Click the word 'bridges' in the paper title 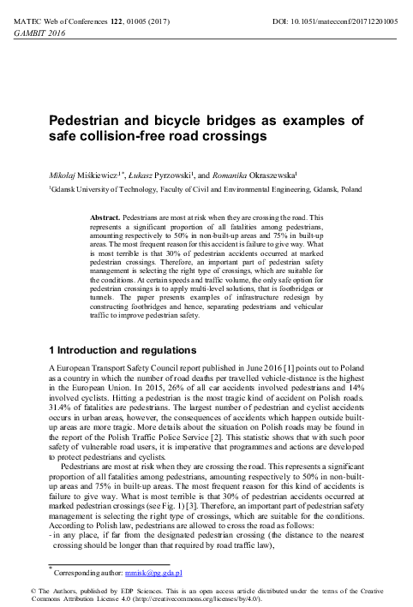coord(212,120)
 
